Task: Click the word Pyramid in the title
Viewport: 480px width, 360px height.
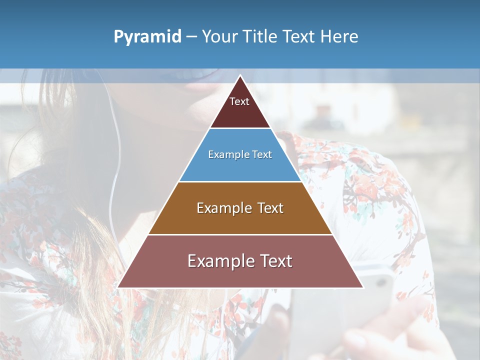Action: (147, 37)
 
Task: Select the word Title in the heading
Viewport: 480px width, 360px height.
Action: (261, 37)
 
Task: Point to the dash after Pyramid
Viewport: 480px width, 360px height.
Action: (191, 37)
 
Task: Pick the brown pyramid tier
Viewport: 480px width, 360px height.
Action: (240, 220)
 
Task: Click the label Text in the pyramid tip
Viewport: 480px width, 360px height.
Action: (239, 101)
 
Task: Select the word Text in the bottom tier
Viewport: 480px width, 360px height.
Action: (273, 261)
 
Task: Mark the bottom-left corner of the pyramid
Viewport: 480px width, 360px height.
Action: (118, 287)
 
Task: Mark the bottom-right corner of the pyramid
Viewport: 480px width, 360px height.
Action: (362, 287)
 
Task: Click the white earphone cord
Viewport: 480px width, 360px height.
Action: (114, 165)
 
